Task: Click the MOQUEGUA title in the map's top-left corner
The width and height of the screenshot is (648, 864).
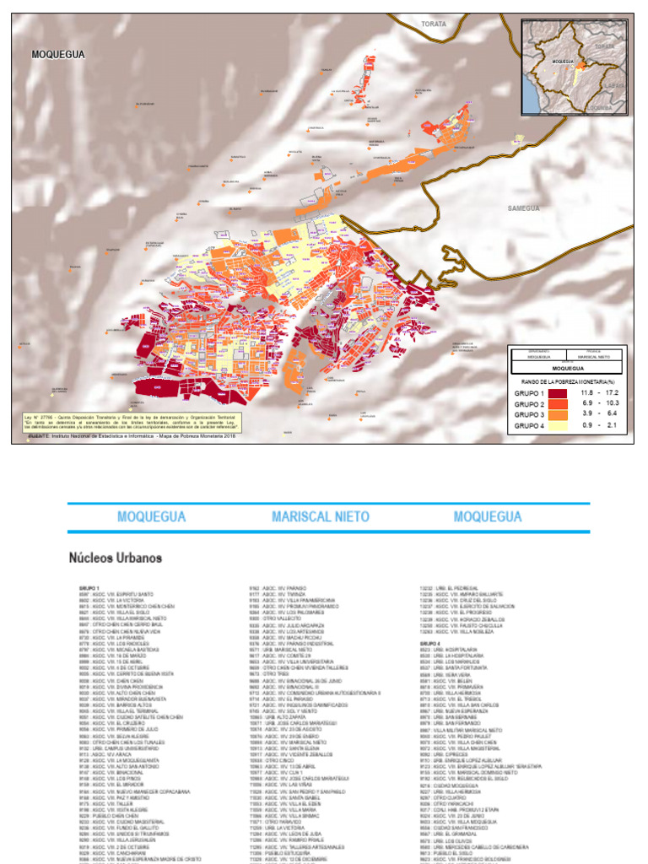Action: (58, 54)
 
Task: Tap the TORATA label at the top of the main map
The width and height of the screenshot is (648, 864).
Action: (434, 25)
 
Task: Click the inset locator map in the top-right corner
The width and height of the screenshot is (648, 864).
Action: (573, 67)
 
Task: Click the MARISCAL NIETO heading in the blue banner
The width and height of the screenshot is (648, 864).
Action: (323, 516)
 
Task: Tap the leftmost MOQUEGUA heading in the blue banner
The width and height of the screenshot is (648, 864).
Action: (151, 516)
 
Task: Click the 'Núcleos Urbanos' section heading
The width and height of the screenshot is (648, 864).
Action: (115, 558)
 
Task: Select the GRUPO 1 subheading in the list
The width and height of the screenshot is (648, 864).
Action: (89, 587)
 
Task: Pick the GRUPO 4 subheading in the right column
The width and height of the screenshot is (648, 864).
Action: (430, 643)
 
